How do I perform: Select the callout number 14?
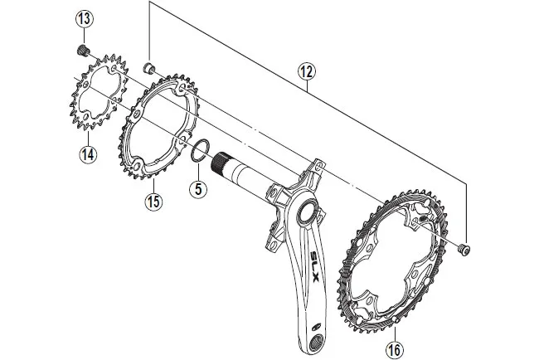point(87,153)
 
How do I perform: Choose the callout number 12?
point(307,73)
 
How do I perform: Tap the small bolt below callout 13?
point(83,51)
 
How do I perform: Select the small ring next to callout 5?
point(197,152)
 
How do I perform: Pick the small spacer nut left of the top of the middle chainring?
point(148,68)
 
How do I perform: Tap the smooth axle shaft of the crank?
point(252,178)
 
